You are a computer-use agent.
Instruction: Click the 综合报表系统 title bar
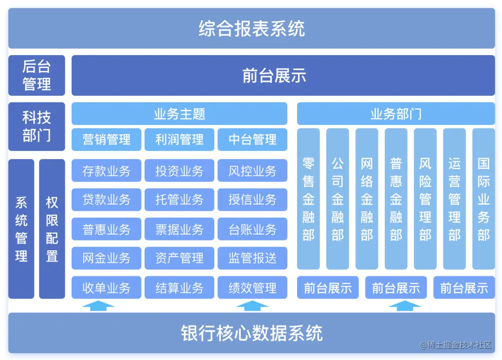(x=251, y=28)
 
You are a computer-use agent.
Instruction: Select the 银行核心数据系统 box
(x=251, y=333)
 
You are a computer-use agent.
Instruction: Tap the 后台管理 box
(x=37, y=75)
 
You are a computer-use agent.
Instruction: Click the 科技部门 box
(x=37, y=126)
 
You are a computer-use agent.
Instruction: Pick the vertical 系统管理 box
(x=21, y=229)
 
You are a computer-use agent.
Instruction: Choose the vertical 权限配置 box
(x=52, y=229)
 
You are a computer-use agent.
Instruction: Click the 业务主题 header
(x=179, y=114)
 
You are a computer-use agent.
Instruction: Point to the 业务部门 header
(x=396, y=114)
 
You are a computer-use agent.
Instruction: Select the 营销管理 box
(x=106, y=140)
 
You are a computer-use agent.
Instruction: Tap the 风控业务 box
(x=252, y=171)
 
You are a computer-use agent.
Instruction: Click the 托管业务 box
(x=179, y=200)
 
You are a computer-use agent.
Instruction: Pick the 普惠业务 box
(x=106, y=229)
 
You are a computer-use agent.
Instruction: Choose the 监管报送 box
(x=252, y=258)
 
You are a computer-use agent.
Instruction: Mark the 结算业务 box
(x=179, y=287)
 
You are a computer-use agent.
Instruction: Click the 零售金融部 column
(x=308, y=199)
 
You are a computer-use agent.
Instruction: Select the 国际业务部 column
(x=484, y=199)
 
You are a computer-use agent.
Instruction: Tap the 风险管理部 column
(x=425, y=199)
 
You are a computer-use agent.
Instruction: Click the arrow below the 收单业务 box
(x=98, y=306)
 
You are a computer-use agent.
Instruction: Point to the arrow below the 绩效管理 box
(x=252, y=306)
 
